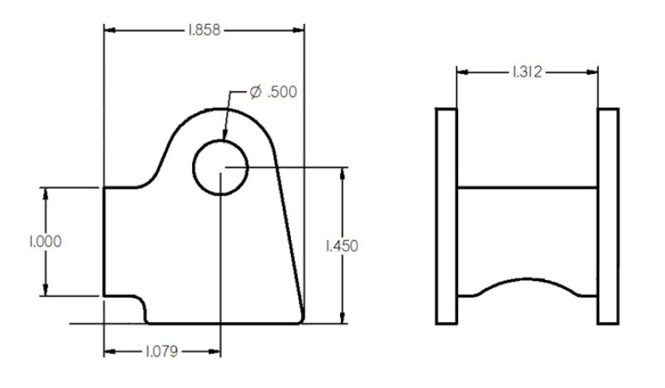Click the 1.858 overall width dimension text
[x=204, y=31]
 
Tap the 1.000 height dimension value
[x=45, y=242]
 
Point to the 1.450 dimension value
[x=342, y=246]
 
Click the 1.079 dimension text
[x=163, y=351]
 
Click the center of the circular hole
[x=220, y=167]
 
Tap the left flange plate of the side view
[x=446, y=215]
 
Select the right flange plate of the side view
[x=608, y=215]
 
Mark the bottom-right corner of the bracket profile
[x=302, y=321]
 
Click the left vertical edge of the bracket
[x=103, y=241]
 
